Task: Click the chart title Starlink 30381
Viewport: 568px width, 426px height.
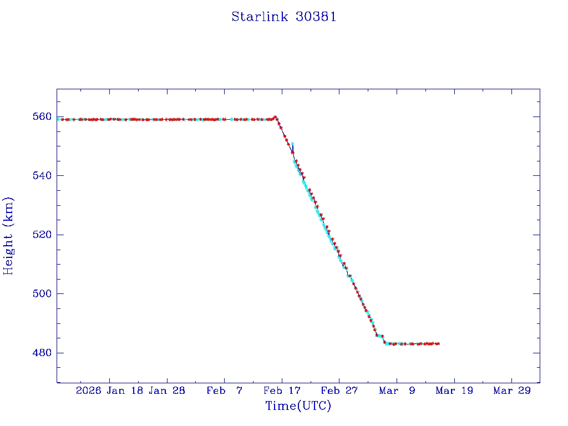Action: point(283,17)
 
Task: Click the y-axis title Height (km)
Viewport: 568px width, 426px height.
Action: point(8,236)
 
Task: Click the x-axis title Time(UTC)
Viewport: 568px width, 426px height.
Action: point(298,406)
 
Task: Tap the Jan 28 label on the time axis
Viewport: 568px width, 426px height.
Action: point(167,390)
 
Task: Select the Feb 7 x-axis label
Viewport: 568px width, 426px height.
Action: point(224,390)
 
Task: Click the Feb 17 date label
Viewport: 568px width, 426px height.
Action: point(282,390)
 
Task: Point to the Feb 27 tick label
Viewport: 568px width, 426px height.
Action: point(339,390)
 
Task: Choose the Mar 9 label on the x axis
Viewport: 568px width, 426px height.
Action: point(397,390)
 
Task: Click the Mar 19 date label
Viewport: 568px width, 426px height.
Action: point(454,390)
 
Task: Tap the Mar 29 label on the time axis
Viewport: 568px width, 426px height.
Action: point(511,390)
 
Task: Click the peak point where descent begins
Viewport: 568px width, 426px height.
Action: point(275,117)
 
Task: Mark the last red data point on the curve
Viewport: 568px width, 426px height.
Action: point(438,344)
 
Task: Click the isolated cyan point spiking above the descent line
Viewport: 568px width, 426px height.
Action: point(292,144)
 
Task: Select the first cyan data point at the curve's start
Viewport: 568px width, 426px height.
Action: point(59,119)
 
